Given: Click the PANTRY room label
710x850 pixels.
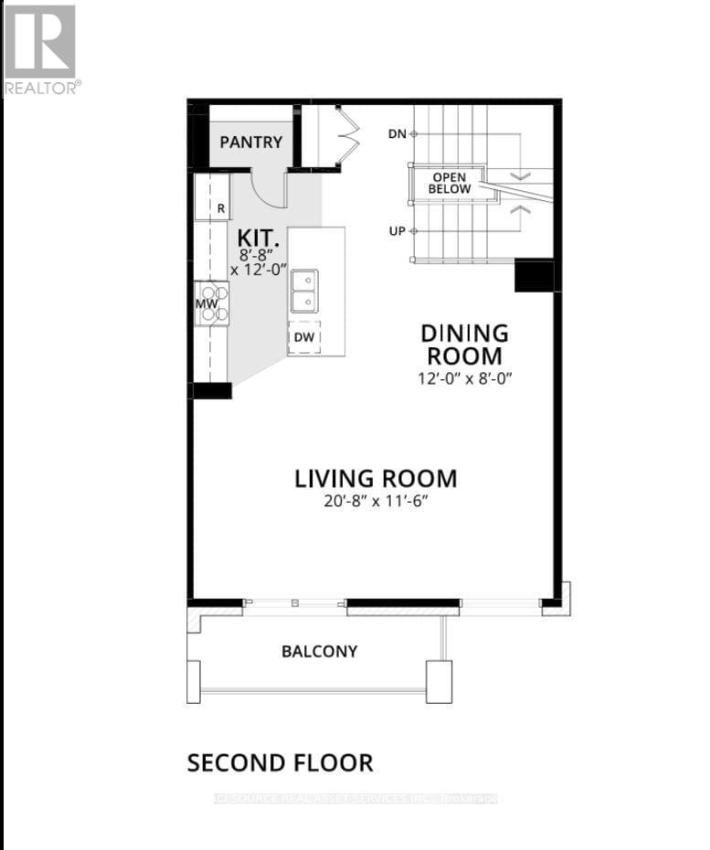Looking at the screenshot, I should (251, 143).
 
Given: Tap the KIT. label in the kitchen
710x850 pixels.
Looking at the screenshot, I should (257, 238).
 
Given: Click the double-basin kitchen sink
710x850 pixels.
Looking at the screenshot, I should (304, 291).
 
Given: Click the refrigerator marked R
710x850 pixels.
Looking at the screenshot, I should (212, 197).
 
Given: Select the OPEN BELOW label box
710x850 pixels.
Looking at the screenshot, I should (451, 183).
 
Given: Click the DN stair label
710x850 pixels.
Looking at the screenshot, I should (397, 133).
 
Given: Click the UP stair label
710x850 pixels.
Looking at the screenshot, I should (397, 231).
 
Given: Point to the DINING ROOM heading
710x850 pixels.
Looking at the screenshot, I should (463, 345).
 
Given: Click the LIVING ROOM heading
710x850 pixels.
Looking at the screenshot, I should (375, 478).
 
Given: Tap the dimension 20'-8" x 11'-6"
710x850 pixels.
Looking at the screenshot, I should (375, 502).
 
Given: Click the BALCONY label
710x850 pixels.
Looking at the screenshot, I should (319, 652).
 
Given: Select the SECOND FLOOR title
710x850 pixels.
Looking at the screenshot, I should (280, 762).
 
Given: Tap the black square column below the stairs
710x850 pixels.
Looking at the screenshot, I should (534, 275).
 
